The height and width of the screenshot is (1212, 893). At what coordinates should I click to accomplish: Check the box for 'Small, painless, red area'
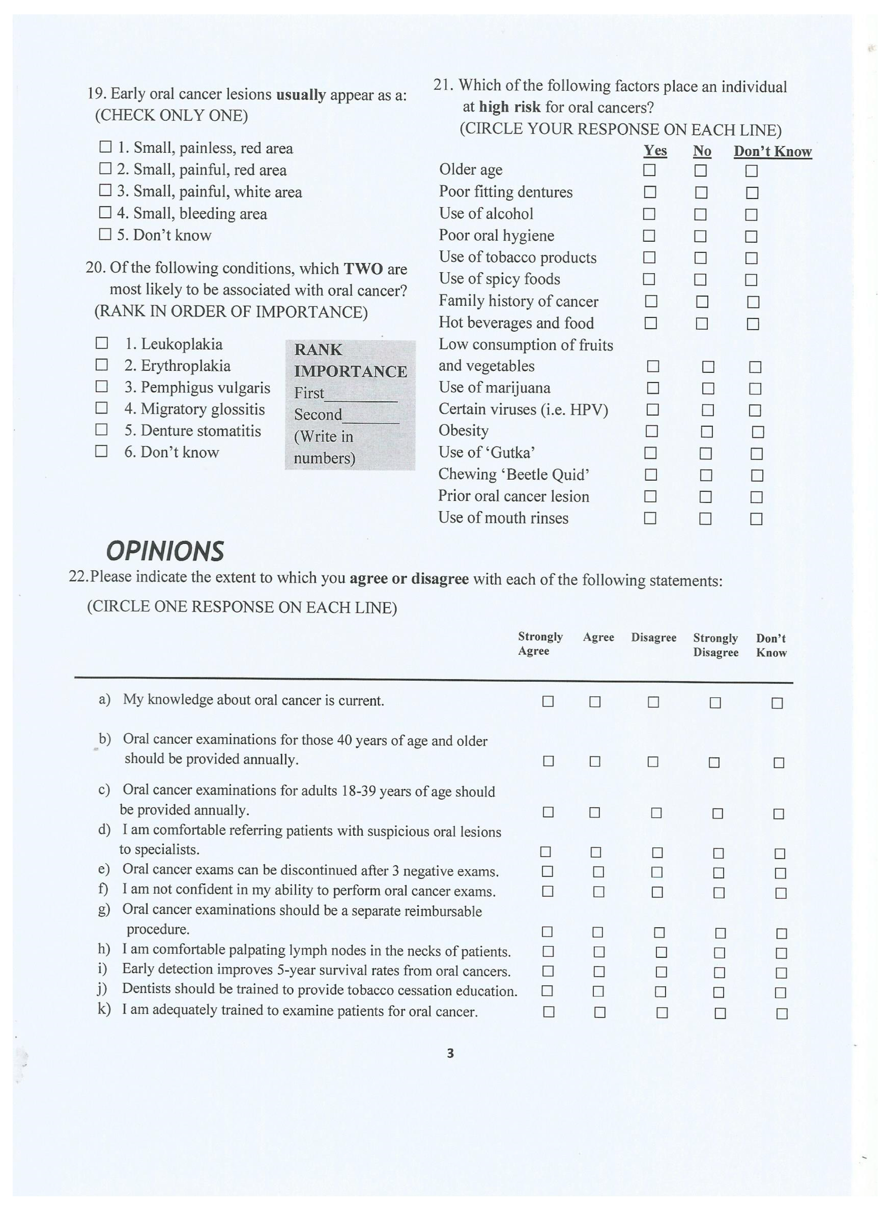[x=105, y=147]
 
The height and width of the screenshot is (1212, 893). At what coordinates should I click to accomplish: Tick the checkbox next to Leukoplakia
[x=101, y=343]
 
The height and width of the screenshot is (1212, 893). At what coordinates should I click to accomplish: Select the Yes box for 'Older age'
[x=649, y=170]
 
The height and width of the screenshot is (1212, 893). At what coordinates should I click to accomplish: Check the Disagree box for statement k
[x=662, y=1013]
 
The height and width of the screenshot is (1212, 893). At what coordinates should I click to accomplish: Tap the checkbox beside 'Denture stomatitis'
[x=101, y=430]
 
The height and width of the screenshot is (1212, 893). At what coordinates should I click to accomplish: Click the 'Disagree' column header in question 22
[x=654, y=638]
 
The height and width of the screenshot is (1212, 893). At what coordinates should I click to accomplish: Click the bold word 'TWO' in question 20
[x=363, y=268]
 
